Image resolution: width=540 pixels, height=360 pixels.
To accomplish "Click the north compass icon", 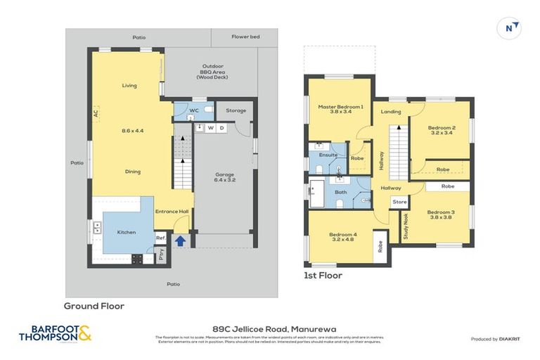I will click(x=511, y=28).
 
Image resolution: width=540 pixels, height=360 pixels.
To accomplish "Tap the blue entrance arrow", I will click(x=180, y=240).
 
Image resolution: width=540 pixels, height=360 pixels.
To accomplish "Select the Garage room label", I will click(x=224, y=177).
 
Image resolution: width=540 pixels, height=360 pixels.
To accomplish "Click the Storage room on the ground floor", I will click(x=236, y=110).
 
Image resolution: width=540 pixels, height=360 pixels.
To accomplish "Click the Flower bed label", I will click(x=245, y=37).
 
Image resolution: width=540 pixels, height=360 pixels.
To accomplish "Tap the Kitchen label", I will click(x=126, y=232).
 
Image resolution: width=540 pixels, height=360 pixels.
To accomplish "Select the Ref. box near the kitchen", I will click(x=160, y=238).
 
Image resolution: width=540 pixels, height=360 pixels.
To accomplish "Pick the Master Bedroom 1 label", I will click(x=340, y=109).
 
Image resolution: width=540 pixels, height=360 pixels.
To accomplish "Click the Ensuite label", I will click(x=328, y=155).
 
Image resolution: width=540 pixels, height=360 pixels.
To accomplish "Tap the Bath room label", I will click(x=340, y=191).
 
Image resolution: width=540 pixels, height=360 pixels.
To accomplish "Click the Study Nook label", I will click(x=406, y=227).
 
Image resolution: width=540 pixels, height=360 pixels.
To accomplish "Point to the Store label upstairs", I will click(x=399, y=202).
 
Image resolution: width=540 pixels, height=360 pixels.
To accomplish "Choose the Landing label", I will click(x=390, y=112).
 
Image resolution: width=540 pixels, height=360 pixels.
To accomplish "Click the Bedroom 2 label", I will click(x=442, y=131).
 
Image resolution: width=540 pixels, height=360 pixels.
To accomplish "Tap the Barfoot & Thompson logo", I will click(x=55, y=333).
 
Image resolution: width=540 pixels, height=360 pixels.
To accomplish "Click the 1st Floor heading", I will click(x=323, y=276).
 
